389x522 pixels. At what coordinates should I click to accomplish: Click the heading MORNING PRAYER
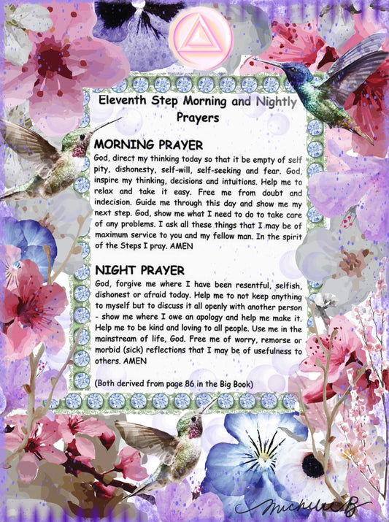click(x=148, y=145)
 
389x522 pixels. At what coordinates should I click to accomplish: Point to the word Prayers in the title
click(x=196, y=116)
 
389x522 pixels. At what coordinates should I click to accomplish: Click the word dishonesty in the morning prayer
click(x=134, y=167)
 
